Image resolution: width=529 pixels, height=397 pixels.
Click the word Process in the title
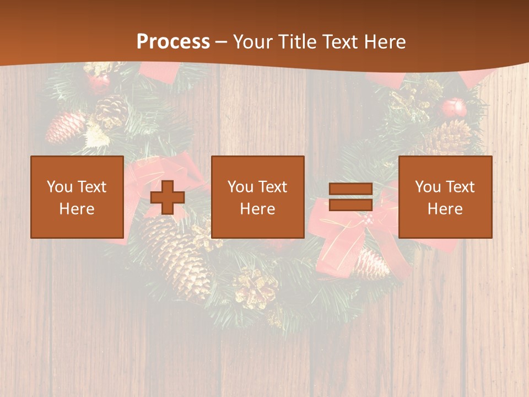click(173, 42)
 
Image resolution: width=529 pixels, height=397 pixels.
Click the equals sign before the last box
click(350, 197)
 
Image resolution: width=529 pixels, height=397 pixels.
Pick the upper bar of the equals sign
click(350, 189)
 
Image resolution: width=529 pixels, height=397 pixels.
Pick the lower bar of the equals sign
click(350, 205)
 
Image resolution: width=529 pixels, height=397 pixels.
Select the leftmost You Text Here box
click(77, 197)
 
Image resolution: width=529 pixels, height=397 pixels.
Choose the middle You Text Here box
click(258, 197)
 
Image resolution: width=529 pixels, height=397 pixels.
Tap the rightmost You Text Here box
click(445, 197)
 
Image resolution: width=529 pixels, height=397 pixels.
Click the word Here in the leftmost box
click(77, 209)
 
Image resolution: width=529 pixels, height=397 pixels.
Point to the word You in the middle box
click(240, 187)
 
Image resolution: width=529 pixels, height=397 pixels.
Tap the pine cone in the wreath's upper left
click(64, 128)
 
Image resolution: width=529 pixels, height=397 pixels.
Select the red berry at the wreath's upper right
click(455, 107)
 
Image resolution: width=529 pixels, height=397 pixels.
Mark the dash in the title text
click(222, 42)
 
